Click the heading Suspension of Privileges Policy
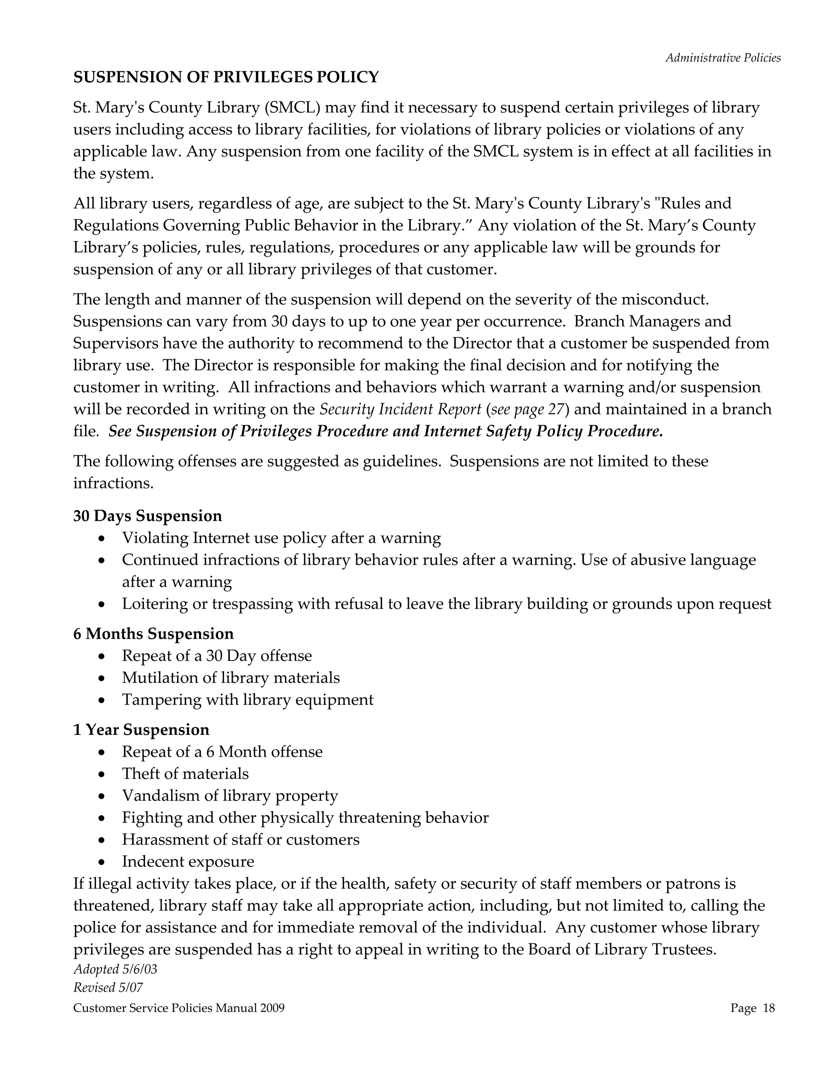pos(226,77)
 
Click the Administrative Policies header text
pos(723,58)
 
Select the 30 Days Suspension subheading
pos(148,516)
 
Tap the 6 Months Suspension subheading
pos(154,634)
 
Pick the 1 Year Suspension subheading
pos(141,730)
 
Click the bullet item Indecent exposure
pos(188,862)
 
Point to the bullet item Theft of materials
pos(185,774)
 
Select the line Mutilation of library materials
pos(231,678)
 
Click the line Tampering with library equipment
pos(247,700)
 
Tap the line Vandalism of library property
pos(230,796)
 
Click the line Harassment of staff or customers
pos(240,839)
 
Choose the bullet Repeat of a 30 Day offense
pos(217,656)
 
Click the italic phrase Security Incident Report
pos(400,409)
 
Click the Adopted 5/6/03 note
pos(115,969)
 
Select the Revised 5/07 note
pos(108,987)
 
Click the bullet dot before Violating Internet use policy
pos(101,539)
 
